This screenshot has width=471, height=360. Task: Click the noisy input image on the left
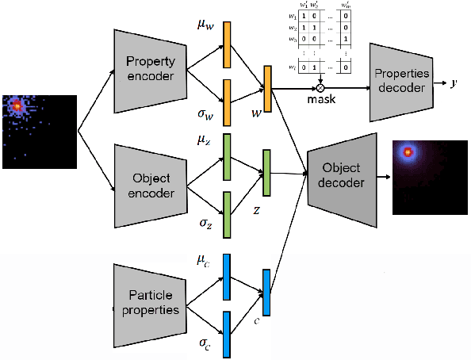(39, 131)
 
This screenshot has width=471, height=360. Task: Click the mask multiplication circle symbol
(320, 87)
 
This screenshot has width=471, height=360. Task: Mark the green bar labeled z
(266, 173)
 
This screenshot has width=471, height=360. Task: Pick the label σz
(205, 225)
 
